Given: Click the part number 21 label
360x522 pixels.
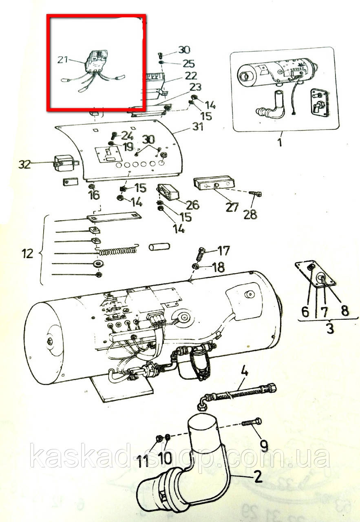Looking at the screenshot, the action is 62,60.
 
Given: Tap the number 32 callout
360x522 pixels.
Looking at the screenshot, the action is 24,164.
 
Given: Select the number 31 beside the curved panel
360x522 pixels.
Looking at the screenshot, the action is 198,127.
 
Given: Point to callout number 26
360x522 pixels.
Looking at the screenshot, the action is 193,205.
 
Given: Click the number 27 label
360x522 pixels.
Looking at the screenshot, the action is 232,207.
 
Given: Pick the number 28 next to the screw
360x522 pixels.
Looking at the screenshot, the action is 250,215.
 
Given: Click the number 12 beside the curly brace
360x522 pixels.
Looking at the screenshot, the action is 27,254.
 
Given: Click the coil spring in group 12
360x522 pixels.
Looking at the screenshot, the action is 118,250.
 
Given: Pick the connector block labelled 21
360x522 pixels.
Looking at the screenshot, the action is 96,61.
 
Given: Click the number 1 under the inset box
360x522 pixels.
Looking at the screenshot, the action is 280,142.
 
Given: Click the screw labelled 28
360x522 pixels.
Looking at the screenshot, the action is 256,193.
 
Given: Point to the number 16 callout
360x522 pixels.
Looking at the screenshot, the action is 94,195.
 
